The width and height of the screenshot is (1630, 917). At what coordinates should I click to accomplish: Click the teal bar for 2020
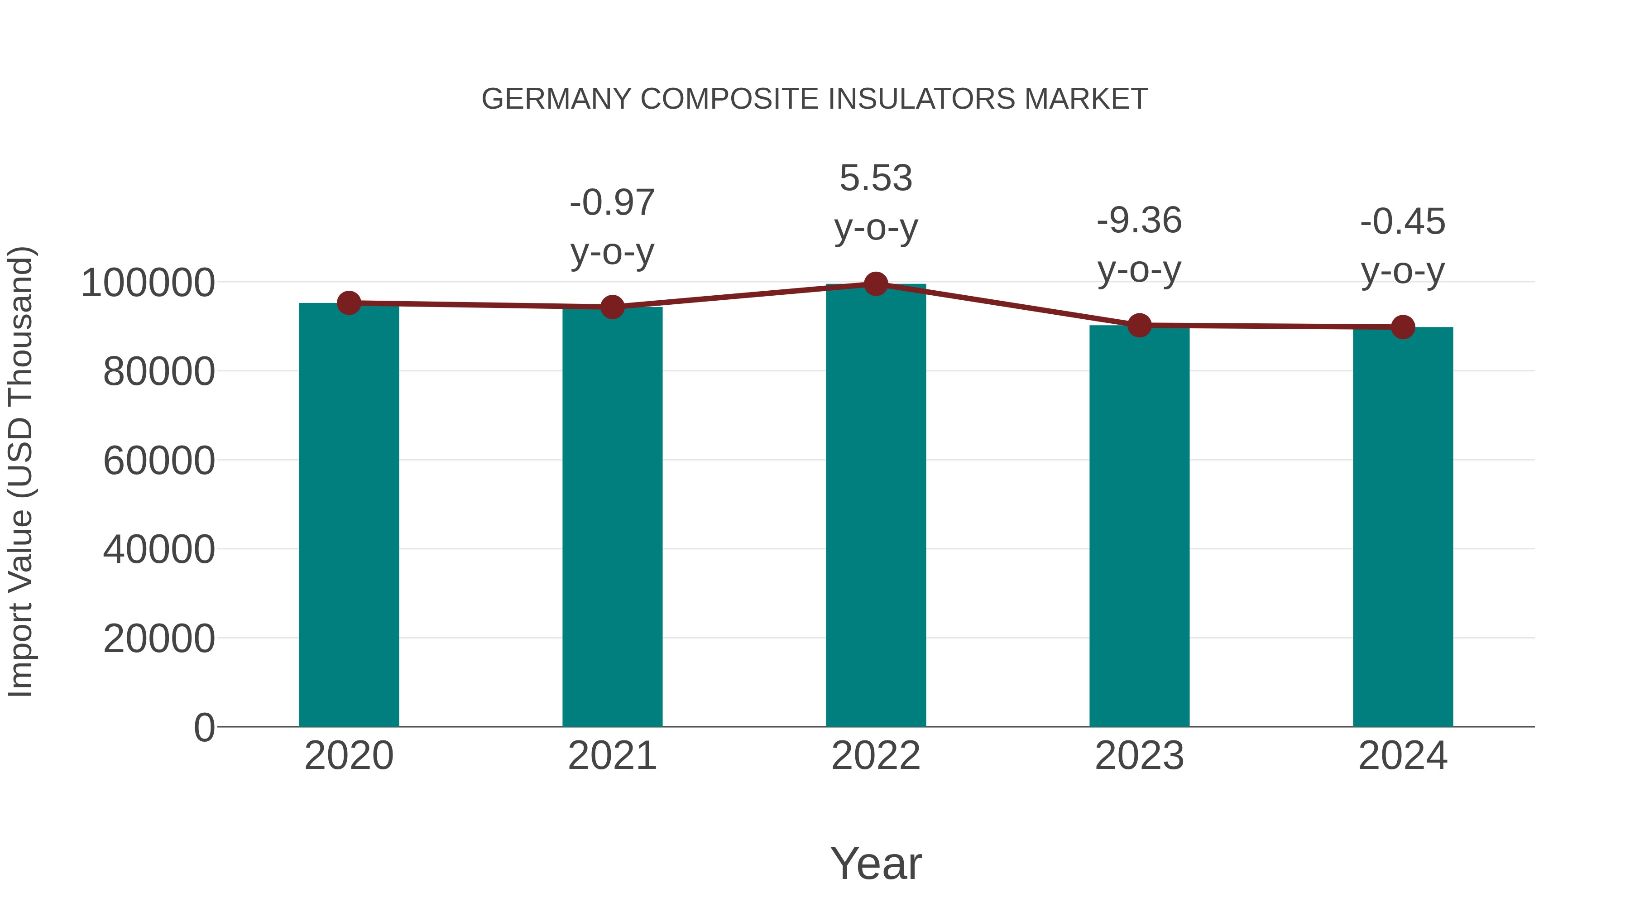pos(349,516)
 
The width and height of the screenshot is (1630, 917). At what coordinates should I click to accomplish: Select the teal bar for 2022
pos(876,506)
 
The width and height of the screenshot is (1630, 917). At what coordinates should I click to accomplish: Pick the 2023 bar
pos(1139,527)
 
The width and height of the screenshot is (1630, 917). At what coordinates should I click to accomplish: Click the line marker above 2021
pos(612,307)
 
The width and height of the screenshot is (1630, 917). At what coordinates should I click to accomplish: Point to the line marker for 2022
pos(876,284)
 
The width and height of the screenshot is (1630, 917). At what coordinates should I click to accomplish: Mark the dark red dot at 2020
pos(349,303)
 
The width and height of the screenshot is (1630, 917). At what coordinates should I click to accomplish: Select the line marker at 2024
pos(1403,327)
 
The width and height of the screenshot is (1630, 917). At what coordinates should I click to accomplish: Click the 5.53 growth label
pos(876,178)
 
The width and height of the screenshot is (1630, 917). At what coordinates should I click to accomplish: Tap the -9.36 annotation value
pos(1139,221)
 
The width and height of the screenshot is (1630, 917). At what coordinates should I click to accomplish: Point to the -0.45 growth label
pos(1403,222)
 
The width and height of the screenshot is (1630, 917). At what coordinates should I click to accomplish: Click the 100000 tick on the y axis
pos(148,283)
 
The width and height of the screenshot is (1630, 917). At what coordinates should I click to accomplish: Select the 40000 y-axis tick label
pos(159,549)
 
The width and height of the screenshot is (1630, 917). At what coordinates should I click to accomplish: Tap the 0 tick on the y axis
pos(204,727)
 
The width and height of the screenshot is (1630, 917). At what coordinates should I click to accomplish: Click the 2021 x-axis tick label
pos(612,756)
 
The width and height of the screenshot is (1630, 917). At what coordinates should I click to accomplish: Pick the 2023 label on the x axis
pos(1139,756)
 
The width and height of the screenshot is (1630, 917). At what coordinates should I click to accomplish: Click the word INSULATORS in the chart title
pos(923,99)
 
